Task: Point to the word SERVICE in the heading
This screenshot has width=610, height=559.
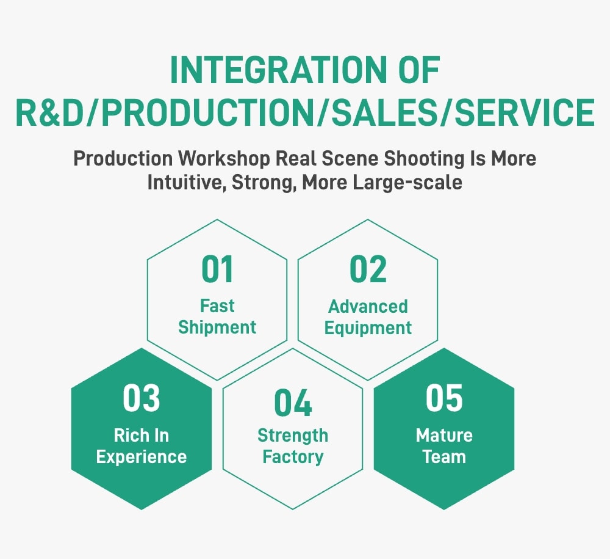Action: (x=525, y=112)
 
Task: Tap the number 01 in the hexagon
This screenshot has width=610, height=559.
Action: (x=218, y=269)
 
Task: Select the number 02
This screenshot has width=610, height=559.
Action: (x=368, y=269)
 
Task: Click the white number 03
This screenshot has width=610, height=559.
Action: (x=142, y=398)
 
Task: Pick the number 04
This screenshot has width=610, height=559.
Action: (x=293, y=403)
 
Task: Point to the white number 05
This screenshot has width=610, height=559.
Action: (x=444, y=398)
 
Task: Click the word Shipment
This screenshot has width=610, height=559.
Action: (x=217, y=327)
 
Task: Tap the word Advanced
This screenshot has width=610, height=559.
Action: (x=368, y=307)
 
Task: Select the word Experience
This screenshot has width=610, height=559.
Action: (x=142, y=457)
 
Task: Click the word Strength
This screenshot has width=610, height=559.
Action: (x=293, y=436)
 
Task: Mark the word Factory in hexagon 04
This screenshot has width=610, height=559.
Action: (x=293, y=457)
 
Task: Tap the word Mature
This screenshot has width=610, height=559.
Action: (x=444, y=435)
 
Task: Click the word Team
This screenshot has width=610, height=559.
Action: (x=444, y=456)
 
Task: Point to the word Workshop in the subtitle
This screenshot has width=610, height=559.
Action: (x=224, y=159)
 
